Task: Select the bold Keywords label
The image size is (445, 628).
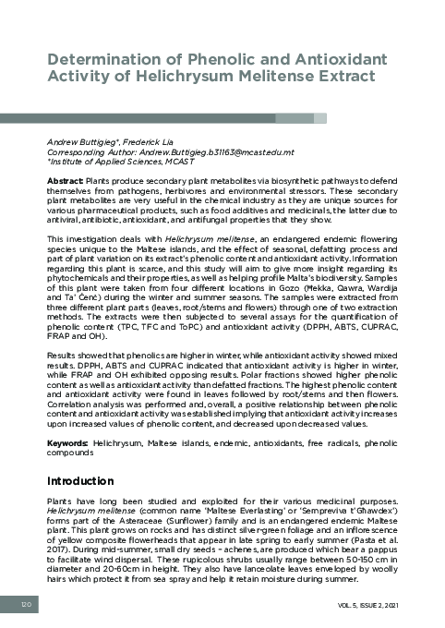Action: click(x=67, y=444)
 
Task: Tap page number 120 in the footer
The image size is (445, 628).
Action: click(x=27, y=602)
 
